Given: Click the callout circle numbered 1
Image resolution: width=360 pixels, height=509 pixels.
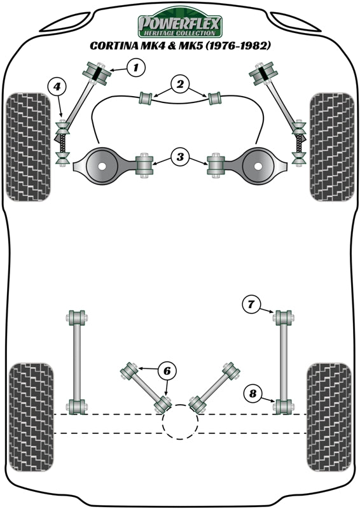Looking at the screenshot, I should coord(135,67).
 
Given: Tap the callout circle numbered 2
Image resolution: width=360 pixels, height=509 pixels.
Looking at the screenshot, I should coord(180,84).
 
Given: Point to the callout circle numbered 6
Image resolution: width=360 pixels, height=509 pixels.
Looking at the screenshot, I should coord(167,370).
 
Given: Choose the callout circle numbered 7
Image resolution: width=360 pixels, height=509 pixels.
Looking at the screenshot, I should coord(251,305).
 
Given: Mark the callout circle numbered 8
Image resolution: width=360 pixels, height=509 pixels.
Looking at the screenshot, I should coord(252,394).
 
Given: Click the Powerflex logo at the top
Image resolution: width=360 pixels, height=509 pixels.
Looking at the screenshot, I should coord(180,25).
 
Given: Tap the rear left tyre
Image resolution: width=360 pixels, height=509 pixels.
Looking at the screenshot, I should coord(30,417).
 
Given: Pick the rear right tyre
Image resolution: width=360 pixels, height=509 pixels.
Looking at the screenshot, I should coord(329,417).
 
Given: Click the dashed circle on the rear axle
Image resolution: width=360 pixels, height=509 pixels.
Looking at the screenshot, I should coord(180,422).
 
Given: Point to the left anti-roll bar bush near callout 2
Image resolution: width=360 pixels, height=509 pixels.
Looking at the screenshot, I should coord(146,98).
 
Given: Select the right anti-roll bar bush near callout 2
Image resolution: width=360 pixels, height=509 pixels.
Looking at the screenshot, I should coord(214,98).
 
